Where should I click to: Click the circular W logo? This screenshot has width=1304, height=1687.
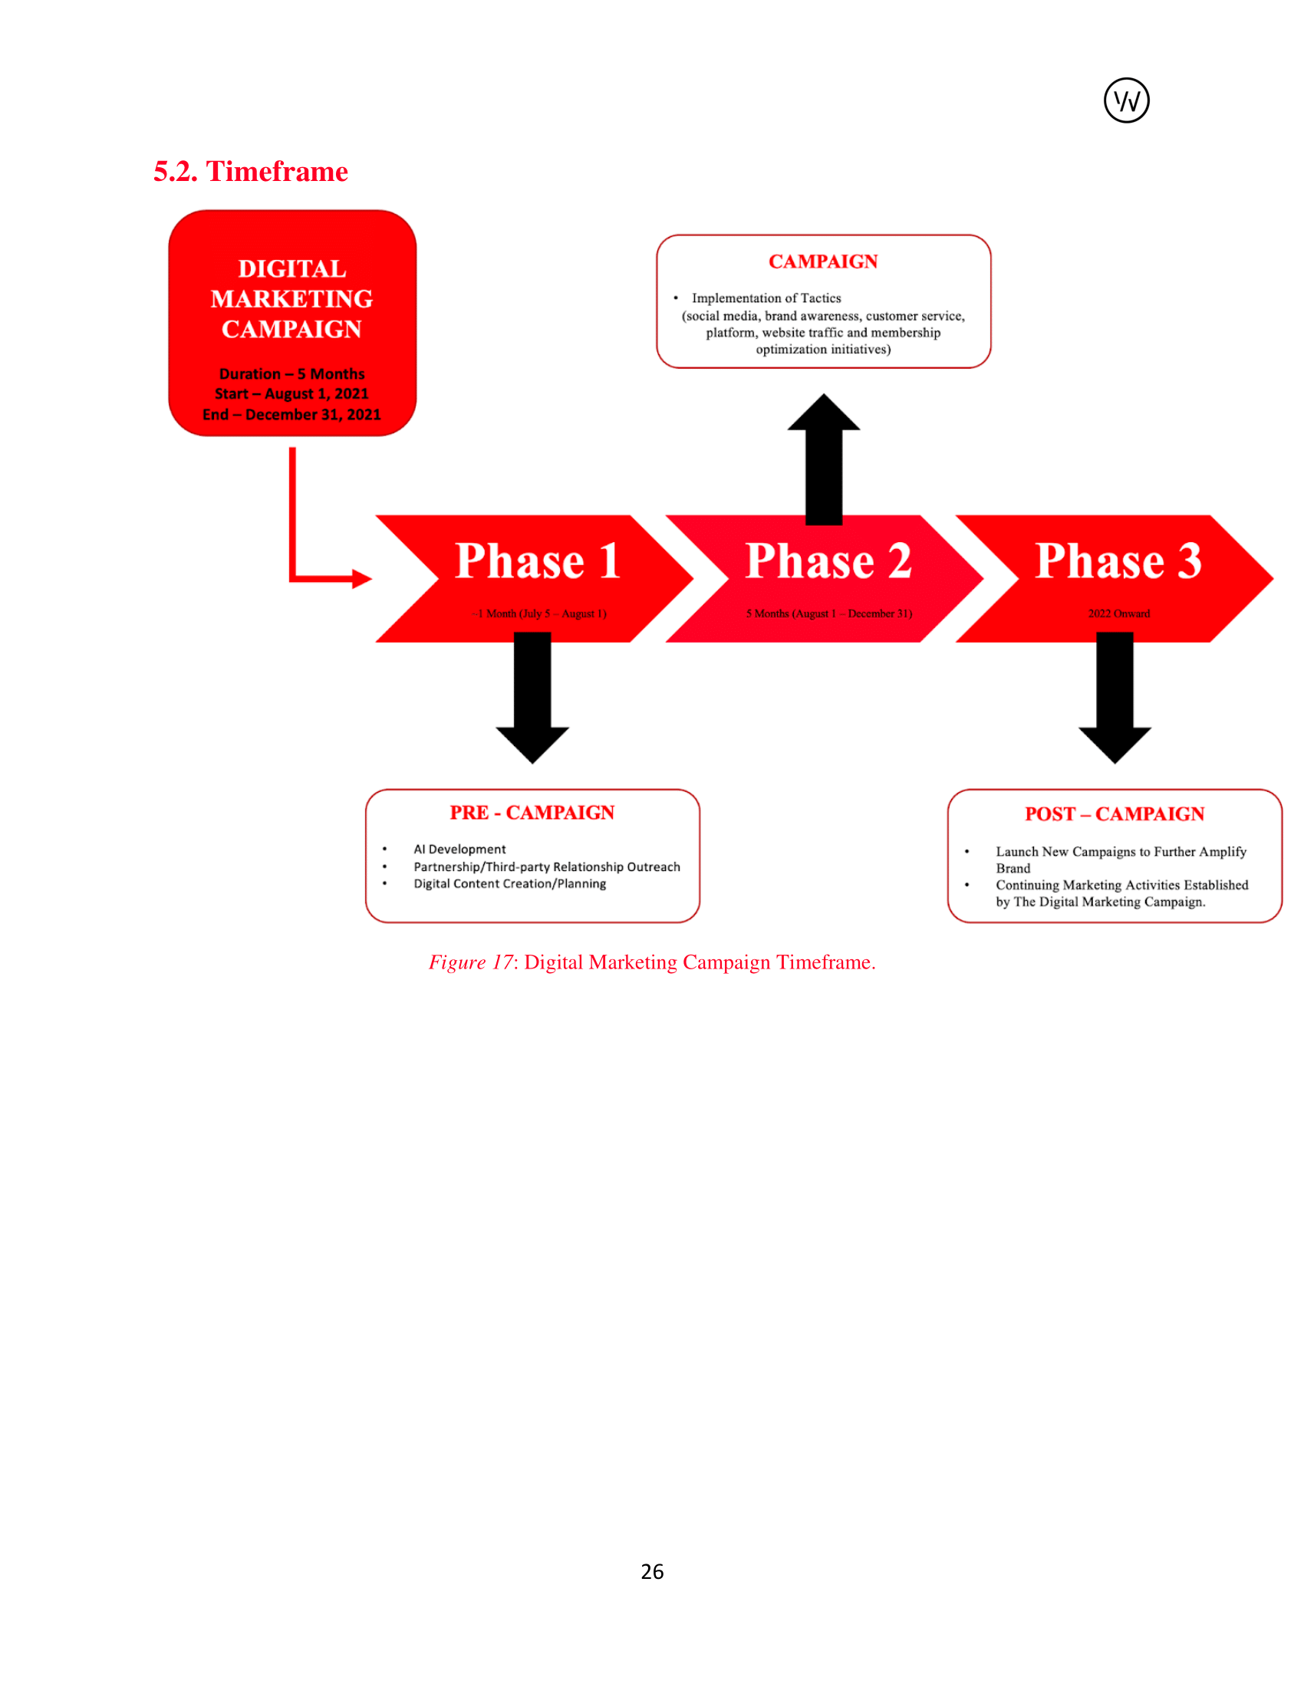click(1125, 100)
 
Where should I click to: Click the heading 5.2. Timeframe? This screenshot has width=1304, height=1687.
click(250, 172)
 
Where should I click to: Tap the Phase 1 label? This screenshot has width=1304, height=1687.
click(538, 561)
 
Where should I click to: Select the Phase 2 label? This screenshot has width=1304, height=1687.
click(828, 561)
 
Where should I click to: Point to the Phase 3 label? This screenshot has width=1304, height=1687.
click(1118, 561)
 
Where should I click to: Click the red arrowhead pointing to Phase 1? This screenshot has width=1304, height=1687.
click(361, 577)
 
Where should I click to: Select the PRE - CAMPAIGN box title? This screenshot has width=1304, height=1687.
click(532, 813)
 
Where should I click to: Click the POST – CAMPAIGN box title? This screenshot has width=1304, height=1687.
click(1114, 814)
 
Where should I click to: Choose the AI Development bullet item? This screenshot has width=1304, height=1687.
click(459, 849)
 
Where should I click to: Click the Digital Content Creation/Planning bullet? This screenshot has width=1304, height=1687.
click(510, 883)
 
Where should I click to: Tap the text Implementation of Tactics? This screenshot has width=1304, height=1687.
click(766, 298)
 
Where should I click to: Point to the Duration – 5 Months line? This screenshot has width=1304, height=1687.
click(292, 374)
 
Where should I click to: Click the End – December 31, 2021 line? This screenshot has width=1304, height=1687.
click(292, 415)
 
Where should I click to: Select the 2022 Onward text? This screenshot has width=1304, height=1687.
click(1118, 613)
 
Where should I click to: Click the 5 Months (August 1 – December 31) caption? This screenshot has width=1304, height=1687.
click(829, 613)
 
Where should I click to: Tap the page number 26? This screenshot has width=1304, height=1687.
click(652, 1571)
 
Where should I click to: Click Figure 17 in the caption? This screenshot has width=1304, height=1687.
click(470, 962)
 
